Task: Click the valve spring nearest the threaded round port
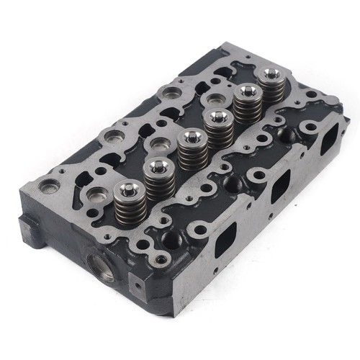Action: click(x=129, y=201)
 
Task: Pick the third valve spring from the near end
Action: click(x=189, y=152)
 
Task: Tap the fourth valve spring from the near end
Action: click(x=217, y=130)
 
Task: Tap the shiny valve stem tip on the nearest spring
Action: click(x=129, y=190)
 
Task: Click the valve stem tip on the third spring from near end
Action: click(x=189, y=140)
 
